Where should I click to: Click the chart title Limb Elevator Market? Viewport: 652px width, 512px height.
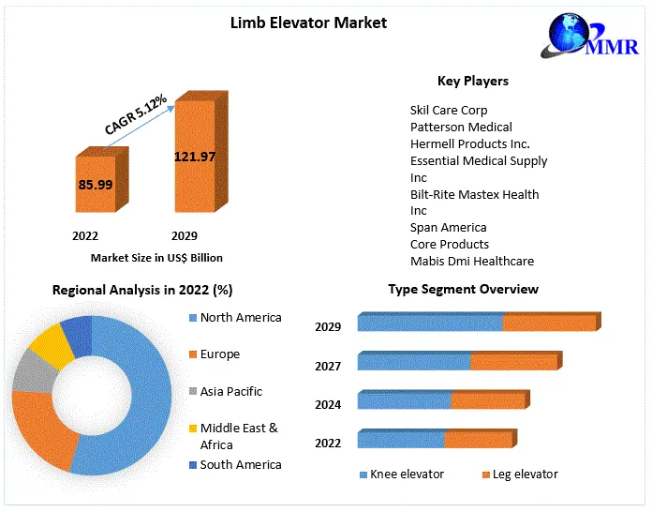coord(308,22)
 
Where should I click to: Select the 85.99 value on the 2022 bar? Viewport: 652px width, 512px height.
coord(96,185)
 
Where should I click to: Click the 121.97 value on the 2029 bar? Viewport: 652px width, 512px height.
coord(194,156)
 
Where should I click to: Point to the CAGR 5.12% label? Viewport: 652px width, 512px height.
coord(135,113)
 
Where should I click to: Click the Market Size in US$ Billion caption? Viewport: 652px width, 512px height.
coord(156,257)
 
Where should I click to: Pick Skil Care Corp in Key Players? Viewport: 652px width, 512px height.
coord(449,111)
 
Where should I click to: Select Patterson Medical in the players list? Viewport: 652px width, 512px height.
coord(461,128)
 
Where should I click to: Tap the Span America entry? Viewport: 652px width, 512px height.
coord(448,228)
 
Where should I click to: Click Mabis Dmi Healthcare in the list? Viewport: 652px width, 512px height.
coord(472,262)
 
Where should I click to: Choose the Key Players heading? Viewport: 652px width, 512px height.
coord(473,81)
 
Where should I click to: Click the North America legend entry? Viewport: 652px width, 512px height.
coord(240,318)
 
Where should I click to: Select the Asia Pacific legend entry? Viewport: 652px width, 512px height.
coord(230,392)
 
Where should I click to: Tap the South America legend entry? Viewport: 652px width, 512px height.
coord(240,465)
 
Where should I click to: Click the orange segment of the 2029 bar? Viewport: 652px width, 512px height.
coord(549,324)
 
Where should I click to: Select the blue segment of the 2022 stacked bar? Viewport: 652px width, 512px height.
coord(400,440)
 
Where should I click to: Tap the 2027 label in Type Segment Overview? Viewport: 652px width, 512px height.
coord(328,367)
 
